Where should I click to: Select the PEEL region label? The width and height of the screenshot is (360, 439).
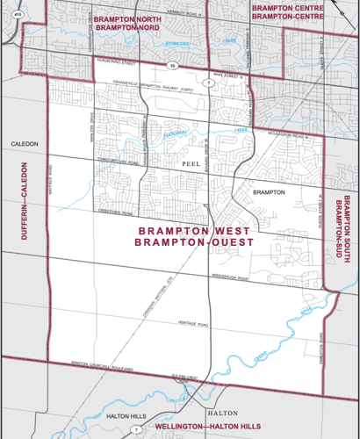(191, 163)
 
